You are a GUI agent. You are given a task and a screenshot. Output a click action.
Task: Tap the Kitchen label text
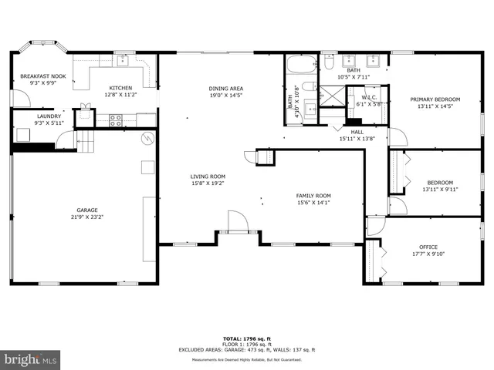click(120, 87)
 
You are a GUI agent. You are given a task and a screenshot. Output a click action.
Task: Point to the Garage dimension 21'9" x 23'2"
click(86, 217)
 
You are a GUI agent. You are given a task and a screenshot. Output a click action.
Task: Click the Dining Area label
click(225, 88)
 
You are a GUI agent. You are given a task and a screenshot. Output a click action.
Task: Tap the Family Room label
click(313, 195)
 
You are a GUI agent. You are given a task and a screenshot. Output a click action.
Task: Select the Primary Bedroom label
click(435, 99)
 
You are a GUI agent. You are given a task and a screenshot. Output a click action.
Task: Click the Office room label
click(428, 247)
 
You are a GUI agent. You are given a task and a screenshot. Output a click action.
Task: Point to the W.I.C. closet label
click(367, 98)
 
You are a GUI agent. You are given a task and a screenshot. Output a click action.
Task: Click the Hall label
click(357, 132)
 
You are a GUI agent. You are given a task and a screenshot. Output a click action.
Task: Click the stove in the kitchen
click(116, 119)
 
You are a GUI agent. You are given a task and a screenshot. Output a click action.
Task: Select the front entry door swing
click(237, 223)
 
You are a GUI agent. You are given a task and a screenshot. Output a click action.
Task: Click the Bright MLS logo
click(31, 359)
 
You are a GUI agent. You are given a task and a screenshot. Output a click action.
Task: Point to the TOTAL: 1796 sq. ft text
click(246, 339)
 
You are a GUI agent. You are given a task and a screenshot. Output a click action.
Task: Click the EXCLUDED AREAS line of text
click(247, 349)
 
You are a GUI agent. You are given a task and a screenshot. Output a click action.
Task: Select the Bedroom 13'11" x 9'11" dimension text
click(440, 189)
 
